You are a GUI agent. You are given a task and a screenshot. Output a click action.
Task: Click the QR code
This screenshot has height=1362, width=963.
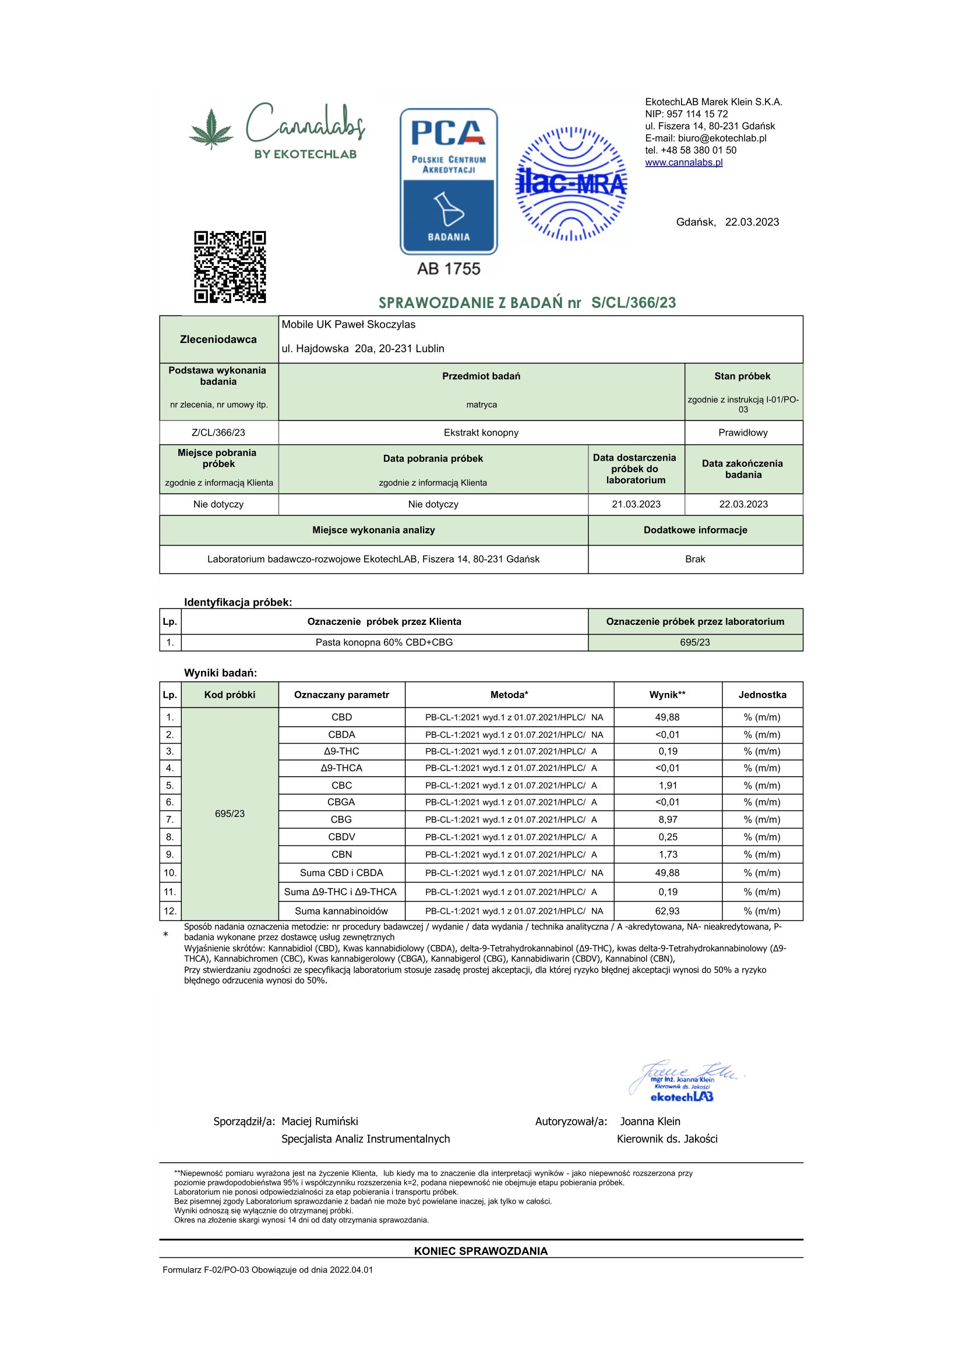point(230,267)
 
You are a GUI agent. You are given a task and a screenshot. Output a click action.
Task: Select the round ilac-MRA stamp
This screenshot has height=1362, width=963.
point(572,183)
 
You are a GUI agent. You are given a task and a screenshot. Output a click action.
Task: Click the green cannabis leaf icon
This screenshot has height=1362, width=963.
point(211,129)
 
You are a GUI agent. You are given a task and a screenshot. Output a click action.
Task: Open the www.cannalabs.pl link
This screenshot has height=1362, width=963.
point(683,162)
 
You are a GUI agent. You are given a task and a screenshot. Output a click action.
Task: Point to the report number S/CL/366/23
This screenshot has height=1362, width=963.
point(633,303)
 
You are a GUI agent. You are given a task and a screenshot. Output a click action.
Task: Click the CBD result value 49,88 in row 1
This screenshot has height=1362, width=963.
point(667,717)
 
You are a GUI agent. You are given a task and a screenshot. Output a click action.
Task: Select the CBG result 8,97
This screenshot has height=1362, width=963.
point(667,819)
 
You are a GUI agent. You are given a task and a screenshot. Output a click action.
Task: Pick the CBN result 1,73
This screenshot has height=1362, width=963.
point(667,854)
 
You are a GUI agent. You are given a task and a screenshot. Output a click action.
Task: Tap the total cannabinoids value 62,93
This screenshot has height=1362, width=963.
point(667,911)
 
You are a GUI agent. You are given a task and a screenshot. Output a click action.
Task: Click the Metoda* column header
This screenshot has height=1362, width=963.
point(509,695)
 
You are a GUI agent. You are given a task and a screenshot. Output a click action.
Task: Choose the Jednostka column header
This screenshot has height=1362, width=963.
point(762,695)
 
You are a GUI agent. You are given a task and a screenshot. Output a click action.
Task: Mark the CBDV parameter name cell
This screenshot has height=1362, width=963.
point(341,837)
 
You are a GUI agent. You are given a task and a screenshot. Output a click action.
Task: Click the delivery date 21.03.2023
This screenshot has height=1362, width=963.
point(636,504)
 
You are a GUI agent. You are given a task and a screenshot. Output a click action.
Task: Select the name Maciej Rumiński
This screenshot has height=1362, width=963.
point(319,1121)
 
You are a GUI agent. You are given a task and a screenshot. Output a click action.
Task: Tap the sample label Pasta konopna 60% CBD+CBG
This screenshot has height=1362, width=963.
point(384,642)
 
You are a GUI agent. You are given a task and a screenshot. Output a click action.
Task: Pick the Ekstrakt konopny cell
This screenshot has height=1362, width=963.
point(481,433)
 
